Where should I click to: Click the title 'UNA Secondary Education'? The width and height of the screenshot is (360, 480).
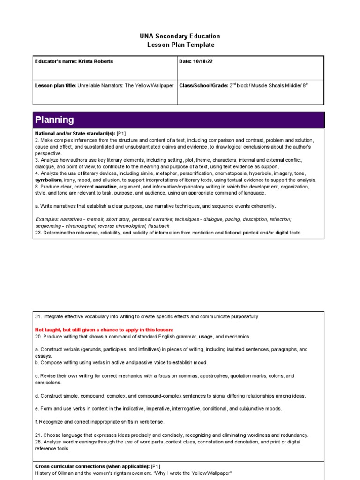180,36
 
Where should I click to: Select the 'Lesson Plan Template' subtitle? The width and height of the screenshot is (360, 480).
180,45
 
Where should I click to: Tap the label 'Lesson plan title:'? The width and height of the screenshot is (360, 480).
56,86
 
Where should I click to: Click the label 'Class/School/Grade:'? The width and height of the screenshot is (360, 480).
203,86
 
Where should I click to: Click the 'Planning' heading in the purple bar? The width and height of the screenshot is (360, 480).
55,120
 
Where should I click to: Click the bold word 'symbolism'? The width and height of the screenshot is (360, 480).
48,180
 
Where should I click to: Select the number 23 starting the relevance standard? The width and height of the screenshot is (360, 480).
38,232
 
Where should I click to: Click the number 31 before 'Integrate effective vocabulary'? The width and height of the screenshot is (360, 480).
38,317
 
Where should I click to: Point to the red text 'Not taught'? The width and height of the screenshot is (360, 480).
49,330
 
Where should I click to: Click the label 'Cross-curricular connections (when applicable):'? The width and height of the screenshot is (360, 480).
92,467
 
